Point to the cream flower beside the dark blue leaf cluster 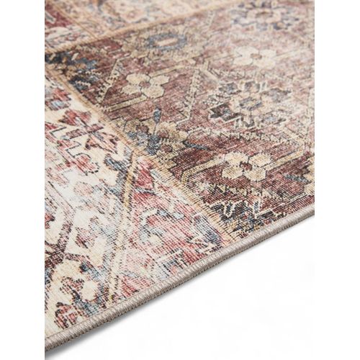145,85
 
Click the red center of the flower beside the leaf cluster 145,85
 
